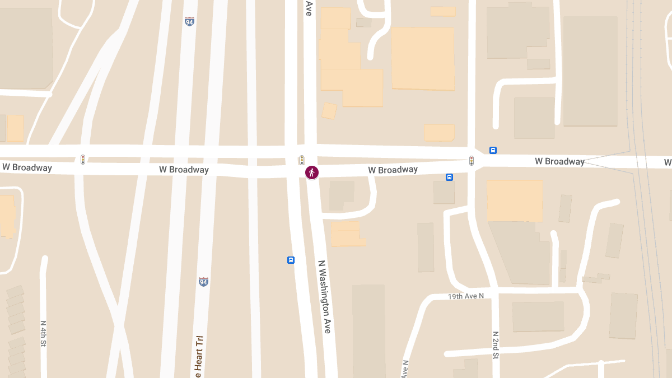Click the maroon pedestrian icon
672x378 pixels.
click(x=312, y=172)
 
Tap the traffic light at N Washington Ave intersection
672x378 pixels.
click(x=302, y=160)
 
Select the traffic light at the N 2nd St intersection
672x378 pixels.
click(x=472, y=161)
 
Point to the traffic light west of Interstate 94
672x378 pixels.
click(x=83, y=160)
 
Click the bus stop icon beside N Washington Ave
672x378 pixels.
click(x=291, y=260)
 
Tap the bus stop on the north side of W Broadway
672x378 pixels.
click(x=493, y=150)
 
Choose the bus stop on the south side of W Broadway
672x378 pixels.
click(x=449, y=178)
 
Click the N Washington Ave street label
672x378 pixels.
click(x=325, y=297)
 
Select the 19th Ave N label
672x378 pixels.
click(x=465, y=296)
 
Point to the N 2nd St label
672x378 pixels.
click(x=496, y=345)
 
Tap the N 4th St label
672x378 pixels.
click(x=43, y=334)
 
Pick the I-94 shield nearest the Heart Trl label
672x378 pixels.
click(x=203, y=281)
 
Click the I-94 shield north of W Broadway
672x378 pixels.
click(x=190, y=21)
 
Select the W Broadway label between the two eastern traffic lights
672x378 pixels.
click(x=393, y=170)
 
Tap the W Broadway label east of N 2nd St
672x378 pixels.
click(x=559, y=161)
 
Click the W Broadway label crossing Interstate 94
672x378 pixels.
click(x=184, y=170)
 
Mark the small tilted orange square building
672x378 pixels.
click(x=329, y=110)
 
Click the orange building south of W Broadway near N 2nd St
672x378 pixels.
click(x=515, y=200)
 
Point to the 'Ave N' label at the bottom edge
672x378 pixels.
click(x=405, y=368)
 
